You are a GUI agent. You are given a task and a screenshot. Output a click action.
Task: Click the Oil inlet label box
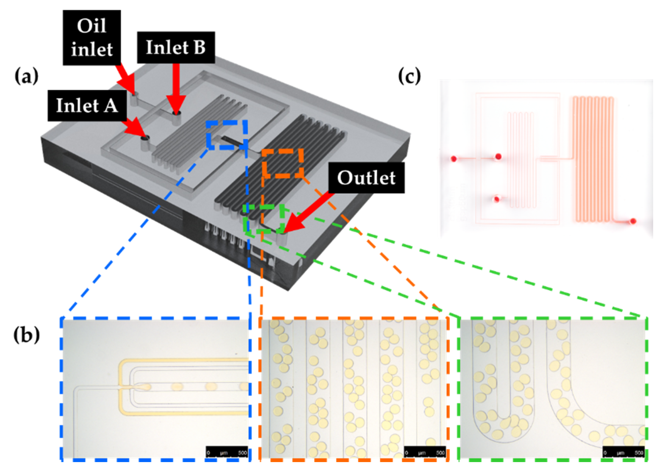point(92,37)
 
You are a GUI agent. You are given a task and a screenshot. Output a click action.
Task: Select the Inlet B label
point(176,47)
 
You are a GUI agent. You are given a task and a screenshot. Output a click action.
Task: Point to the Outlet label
point(366,178)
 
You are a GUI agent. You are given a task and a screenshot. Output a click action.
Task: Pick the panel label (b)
point(26,335)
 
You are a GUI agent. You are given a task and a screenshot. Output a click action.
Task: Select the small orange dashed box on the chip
point(282,163)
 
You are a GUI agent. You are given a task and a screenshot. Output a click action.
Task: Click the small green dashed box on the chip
point(264,219)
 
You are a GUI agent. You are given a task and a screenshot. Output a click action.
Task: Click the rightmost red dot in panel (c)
point(633,221)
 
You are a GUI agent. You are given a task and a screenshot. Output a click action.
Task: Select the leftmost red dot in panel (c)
point(454,159)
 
